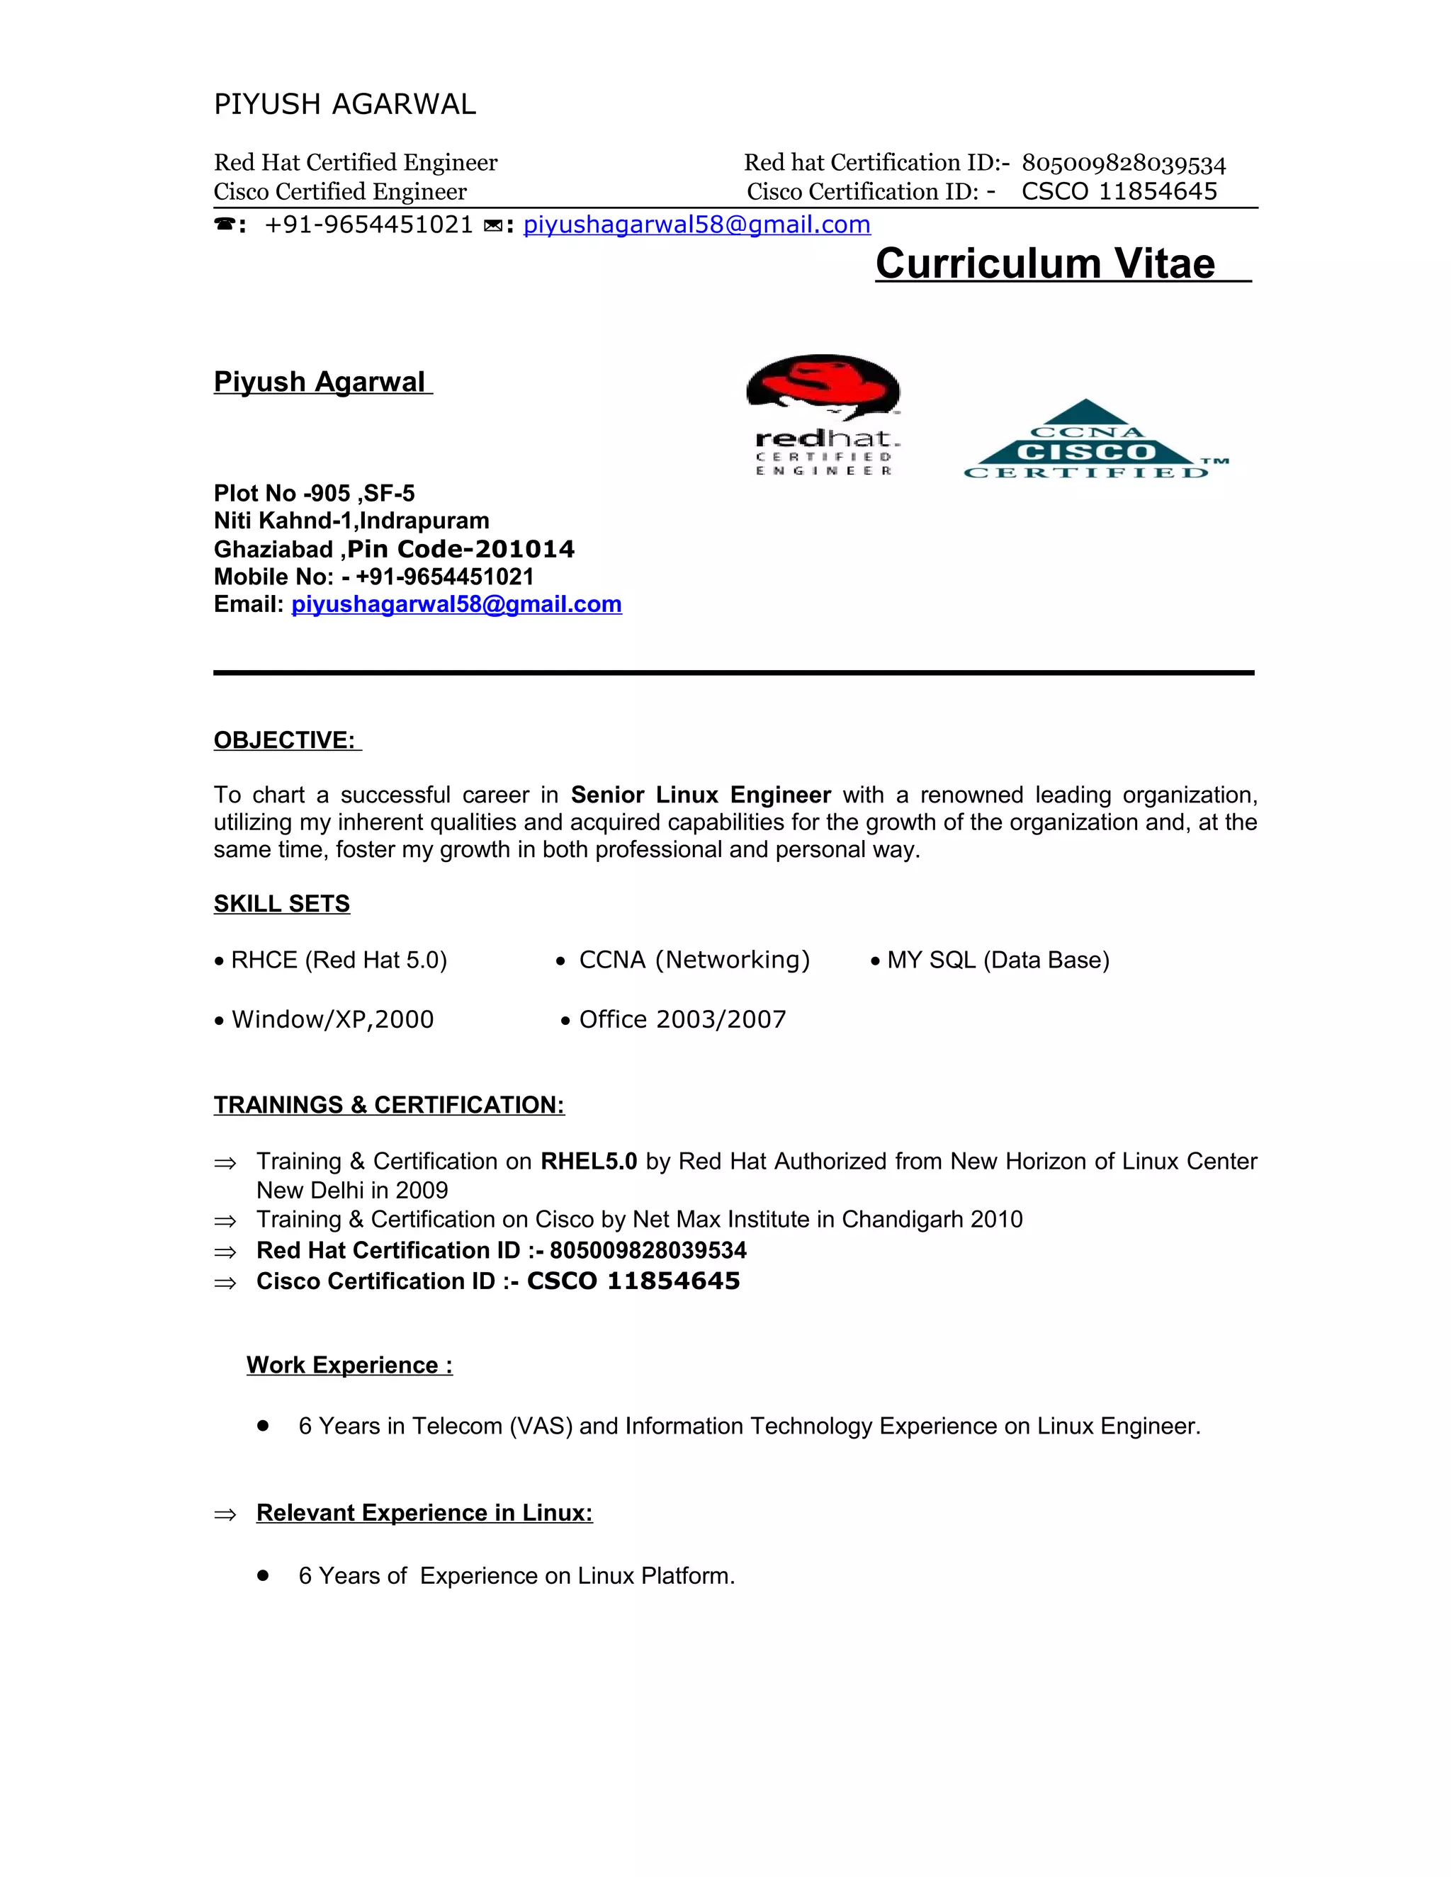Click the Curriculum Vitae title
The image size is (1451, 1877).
click(x=1044, y=264)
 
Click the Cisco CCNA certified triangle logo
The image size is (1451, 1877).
click(x=1087, y=441)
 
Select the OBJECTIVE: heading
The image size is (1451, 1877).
click(x=286, y=740)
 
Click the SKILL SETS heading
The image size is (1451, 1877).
click(x=282, y=903)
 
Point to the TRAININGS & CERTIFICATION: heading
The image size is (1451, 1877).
click(x=388, y=1104)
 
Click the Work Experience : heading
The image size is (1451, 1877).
click(x=349, y=1365)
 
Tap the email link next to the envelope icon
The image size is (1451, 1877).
click(x=696, y=225)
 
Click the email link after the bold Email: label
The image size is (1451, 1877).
click(x=456, y=604)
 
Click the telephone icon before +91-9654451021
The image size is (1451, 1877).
click(x=225, y=225)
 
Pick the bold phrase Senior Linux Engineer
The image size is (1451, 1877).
click(x=701, y=794)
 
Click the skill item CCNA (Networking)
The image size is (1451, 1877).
click(x=694, y=959)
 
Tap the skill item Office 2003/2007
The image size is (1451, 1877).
click(x=682, y=1019)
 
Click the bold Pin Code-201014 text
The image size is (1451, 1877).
click(x=461, y=549)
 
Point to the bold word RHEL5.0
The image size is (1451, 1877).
click(x=589, y=1161)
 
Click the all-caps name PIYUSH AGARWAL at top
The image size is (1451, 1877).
click(x=345, y=104)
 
